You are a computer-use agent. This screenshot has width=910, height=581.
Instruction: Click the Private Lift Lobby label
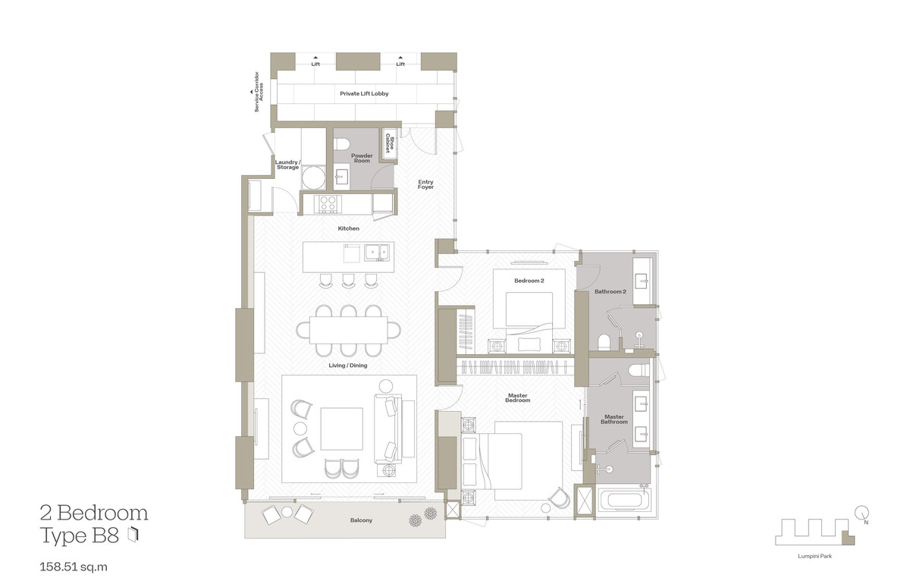point(364,93)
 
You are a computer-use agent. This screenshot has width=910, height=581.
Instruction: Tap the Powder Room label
point(362,158)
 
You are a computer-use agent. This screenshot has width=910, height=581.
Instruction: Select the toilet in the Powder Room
point(340,144)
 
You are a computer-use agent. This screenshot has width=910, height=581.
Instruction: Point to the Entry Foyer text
point(425,184)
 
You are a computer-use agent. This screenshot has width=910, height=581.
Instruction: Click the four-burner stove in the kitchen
point(328,203)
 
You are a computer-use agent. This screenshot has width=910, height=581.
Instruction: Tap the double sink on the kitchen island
point(376,251)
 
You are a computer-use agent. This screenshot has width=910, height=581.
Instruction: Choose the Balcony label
point(361,521)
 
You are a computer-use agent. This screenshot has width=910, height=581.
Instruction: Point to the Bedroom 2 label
point(529,281)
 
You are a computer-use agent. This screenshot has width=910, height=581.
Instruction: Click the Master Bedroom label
point(519,397)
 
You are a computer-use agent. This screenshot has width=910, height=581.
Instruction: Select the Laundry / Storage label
point(287,165)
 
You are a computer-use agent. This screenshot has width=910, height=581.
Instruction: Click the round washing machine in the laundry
point(312,178)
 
